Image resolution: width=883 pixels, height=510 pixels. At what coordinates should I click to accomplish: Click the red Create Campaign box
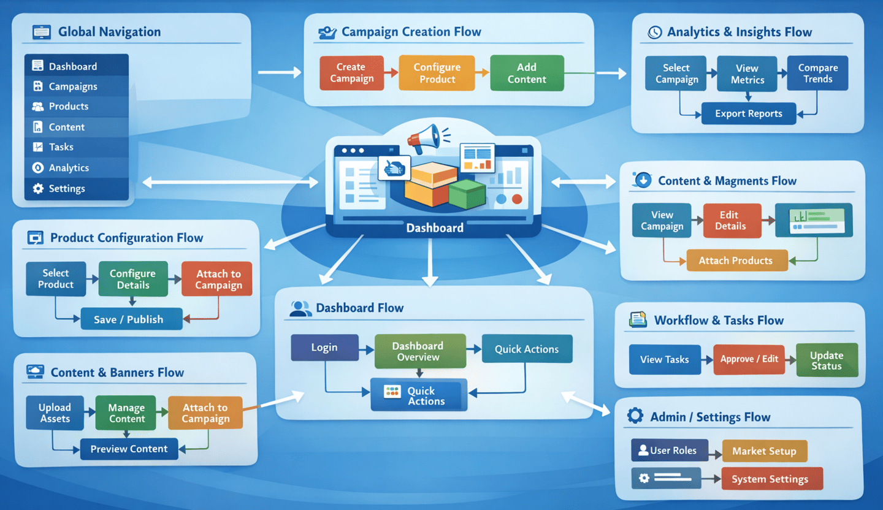351,73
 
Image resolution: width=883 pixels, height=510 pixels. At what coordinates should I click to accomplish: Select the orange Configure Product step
437,73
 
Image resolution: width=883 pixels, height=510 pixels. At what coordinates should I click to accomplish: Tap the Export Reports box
748,113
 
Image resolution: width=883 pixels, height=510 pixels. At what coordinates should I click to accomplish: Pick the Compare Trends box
817,74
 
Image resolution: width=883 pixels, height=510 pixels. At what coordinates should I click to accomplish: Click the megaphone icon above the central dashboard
425,139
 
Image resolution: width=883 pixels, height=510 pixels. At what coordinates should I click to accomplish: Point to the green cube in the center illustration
467,194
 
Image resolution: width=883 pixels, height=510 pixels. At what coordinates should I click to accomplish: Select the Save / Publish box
131,319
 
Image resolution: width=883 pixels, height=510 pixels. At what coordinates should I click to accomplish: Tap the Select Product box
56,279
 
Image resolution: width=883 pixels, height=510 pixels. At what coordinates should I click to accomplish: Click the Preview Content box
129,449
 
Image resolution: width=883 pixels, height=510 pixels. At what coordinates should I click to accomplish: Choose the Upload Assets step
55,413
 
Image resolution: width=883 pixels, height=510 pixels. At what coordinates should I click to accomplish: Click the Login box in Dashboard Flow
324,348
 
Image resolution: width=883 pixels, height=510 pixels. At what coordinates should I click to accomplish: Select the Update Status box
826,360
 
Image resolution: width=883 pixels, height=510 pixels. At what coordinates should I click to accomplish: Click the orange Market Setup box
764,451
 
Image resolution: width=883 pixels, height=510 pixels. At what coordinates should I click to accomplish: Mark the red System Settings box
770,479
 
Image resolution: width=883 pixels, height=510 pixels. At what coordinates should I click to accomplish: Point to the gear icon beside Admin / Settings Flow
635,417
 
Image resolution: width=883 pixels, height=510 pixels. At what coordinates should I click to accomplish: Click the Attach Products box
735,261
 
